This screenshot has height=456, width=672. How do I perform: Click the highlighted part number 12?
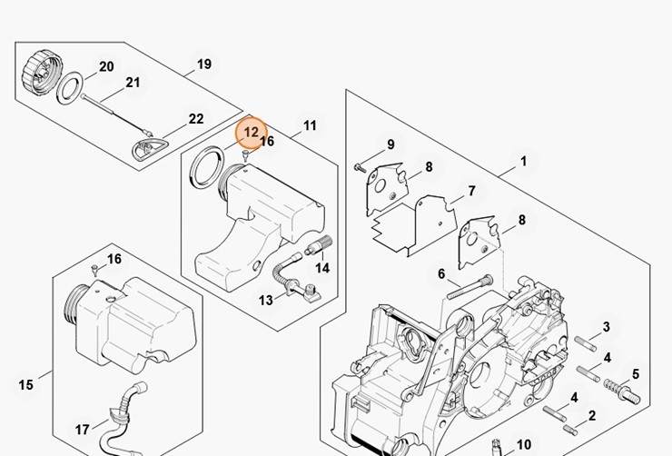tap(252, 133)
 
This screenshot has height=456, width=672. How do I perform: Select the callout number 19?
tap(203, 64)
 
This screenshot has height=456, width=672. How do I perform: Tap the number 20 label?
tap(106, 66)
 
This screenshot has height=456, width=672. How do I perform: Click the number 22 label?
tap(195, 119)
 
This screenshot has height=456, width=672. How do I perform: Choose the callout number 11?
tap(310, 125)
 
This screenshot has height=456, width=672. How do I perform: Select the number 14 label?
tap(322, 268)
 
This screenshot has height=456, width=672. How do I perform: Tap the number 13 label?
tap(266, 300)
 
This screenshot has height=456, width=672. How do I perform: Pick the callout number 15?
tap(25, 385)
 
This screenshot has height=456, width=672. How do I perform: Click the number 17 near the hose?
tap(83, 430)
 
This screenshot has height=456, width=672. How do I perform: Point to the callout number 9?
tap(390, 144)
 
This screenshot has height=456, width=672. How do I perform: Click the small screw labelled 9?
tap(361, 166)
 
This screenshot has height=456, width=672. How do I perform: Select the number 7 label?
tap(471, 192)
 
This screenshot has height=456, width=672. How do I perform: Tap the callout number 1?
tap(523, 162)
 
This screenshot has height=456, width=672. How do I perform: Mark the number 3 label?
tap(606, 327)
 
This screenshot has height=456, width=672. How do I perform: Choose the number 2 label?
tap(591, 416)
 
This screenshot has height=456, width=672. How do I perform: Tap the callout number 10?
tap(523, 444)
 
